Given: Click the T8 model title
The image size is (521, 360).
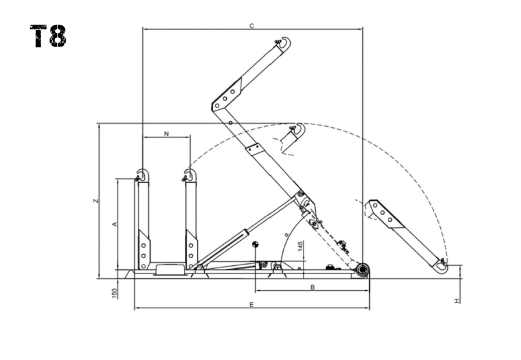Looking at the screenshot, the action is tap(48, 36).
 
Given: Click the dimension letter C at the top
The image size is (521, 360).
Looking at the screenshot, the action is tap(252, 26).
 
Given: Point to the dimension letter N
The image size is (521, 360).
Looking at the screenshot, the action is tap(166, 134).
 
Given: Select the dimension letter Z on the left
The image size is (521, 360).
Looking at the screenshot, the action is tap(96, 201).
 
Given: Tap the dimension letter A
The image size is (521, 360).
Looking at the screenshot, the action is tap(115, 224).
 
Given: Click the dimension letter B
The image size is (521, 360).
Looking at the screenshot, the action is tap(312, 287).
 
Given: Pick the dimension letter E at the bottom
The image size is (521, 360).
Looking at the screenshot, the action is tap(252, 305).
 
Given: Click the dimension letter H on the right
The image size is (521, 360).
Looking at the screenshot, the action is tap(457, 301).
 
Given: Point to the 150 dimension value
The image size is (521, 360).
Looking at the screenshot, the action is tap(115, 294).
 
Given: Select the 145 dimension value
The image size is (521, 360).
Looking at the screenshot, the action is tap(301, 247).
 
